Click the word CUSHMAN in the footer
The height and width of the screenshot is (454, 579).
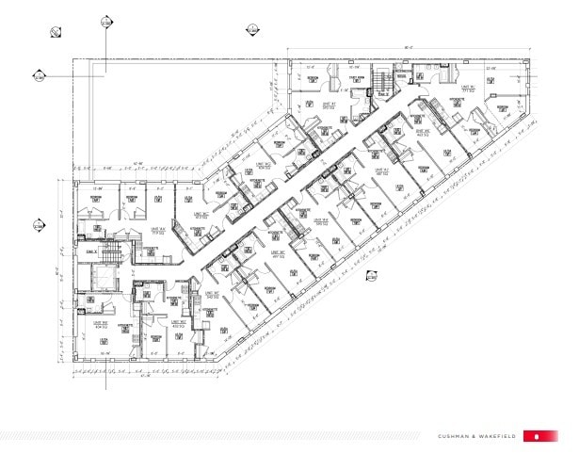pyautogui.click(x=456, y=436)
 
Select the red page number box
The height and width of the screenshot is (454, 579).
pyautogui.click(x=537, y=436)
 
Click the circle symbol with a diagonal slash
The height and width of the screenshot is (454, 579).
pyautogui.click(x=56, y=34)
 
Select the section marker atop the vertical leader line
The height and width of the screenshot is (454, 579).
pyautogui.click(x=105, y=22)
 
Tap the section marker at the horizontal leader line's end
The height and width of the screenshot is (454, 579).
pyautogui.click(x=40, y=76)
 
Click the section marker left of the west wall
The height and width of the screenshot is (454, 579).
pyautogui.click(x=40, y=225)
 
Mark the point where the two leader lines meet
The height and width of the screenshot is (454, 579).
pyautogui.click(x=105, y=76)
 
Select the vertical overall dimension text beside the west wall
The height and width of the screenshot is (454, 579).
pyautogui.click(x=58, y=273)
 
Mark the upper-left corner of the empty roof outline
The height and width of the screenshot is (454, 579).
pyautogui.click(x=75, y=60)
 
